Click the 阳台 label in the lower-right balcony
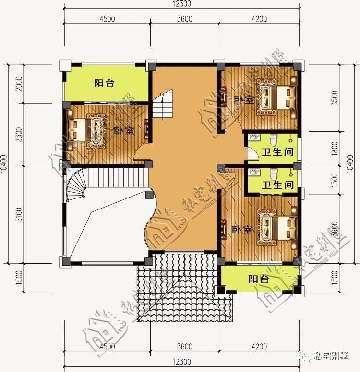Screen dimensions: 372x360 point(258,279)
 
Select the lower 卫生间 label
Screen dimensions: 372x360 point(277,185)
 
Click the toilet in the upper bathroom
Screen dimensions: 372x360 point(274,141)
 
